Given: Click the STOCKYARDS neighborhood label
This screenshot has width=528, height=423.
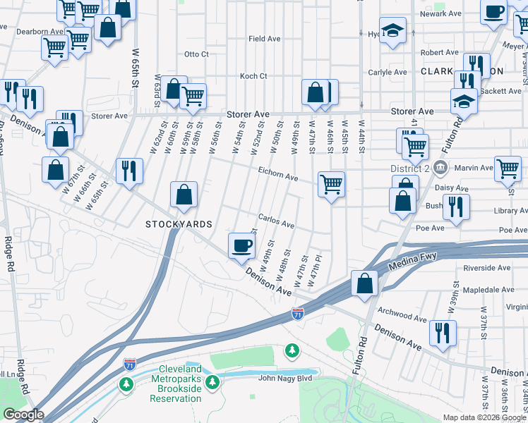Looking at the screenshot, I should [x=179, y=224].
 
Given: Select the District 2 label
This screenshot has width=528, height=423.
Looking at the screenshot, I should [x=409, y=168].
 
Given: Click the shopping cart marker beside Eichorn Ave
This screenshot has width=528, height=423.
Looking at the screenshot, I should [x=331, y=184].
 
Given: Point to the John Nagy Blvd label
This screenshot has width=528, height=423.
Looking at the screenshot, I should [x=285, y=378].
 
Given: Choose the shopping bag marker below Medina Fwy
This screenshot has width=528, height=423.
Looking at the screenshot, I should [x=365, y=283].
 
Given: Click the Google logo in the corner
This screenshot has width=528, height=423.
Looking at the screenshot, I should [x=23, y=415].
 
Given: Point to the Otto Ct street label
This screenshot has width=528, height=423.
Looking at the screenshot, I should [x=196, y=54].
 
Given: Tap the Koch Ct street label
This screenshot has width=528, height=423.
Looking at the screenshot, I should [x=253, y=76].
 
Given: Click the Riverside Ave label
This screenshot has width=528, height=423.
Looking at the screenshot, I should [x=486, y=268].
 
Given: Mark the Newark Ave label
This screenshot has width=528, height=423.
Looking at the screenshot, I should [x=442, y=13].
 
